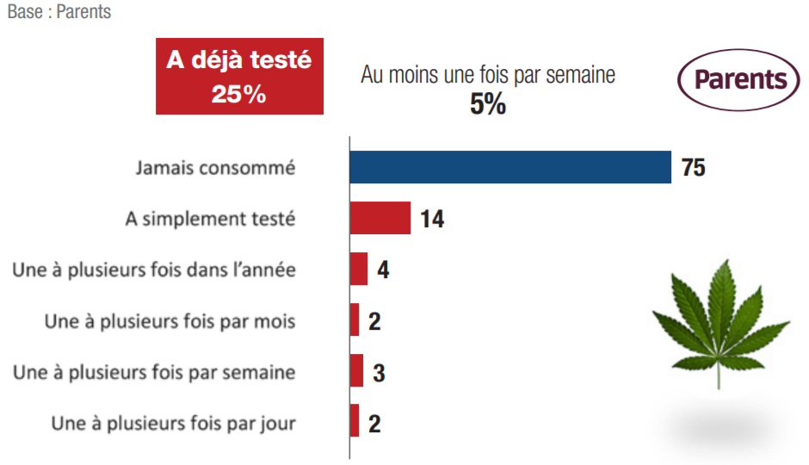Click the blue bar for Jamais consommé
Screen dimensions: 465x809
point(509,167)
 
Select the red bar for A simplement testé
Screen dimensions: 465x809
point(380,219)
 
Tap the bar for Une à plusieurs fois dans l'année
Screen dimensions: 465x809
point(358,269)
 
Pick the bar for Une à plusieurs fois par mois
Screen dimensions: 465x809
point(354,320)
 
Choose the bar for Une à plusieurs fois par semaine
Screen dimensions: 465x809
point(356,371)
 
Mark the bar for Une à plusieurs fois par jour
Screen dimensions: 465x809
point(354,421)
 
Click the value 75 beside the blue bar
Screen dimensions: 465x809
point(694,167)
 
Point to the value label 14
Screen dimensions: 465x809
point(432,219)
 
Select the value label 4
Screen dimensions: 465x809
point(383,270)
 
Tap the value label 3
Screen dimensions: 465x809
point(379,372)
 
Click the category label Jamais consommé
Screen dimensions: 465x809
point(215,168)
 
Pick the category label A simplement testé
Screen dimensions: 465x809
point(210,219)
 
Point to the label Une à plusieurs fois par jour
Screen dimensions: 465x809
point(173,423)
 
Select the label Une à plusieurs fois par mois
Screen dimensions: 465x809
point(170,321)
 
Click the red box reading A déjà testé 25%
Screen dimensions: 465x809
point(239,76)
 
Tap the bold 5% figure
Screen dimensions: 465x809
point(487,105)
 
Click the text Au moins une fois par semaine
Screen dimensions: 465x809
point(488,75)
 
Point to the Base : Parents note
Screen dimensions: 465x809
point(59,13)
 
